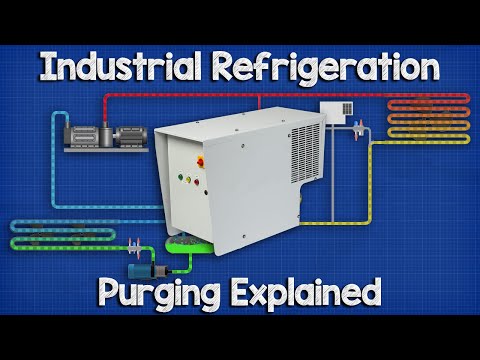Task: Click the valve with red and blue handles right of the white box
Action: [358, 125]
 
